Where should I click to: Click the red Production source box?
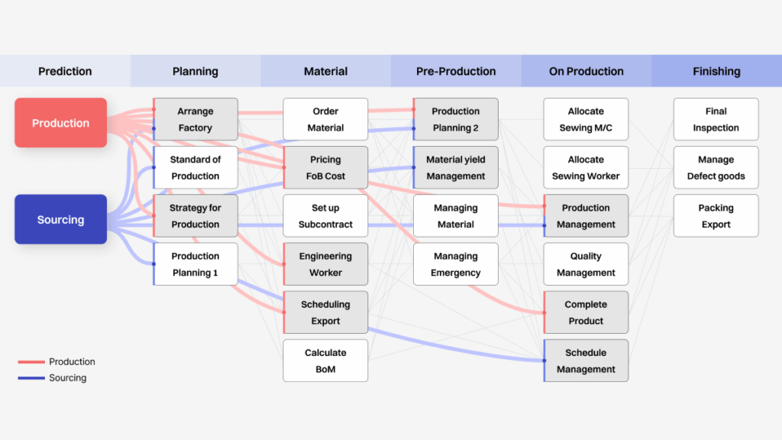[x=61, y=123]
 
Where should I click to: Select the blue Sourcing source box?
[x=61, y=219]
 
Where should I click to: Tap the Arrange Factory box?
[x=195, y=119]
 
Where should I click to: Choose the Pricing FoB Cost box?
[x=325, y=167]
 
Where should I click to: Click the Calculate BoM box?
[x=325, y=361]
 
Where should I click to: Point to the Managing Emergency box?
[x=456, y=264]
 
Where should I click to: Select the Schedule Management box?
[x=586, y=361]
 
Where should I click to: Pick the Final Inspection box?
[x=716, y=119]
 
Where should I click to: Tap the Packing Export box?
[x=716, y=216]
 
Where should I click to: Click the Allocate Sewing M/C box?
[x=586, y=119]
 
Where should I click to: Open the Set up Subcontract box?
[x=325, y=216]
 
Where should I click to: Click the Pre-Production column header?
[x=456, y=71]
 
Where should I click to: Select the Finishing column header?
[x=716, y=71]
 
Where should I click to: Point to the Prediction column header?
[x=66, y=71]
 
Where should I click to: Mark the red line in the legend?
[x=31, y=361]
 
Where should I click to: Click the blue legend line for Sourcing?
[x=31, y=378]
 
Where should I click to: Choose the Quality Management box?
[x=586, y=264]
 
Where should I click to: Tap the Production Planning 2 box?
[x=456, y=119]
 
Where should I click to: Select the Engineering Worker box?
[x=325, y=264]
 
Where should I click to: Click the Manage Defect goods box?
[x=716, y=167]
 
